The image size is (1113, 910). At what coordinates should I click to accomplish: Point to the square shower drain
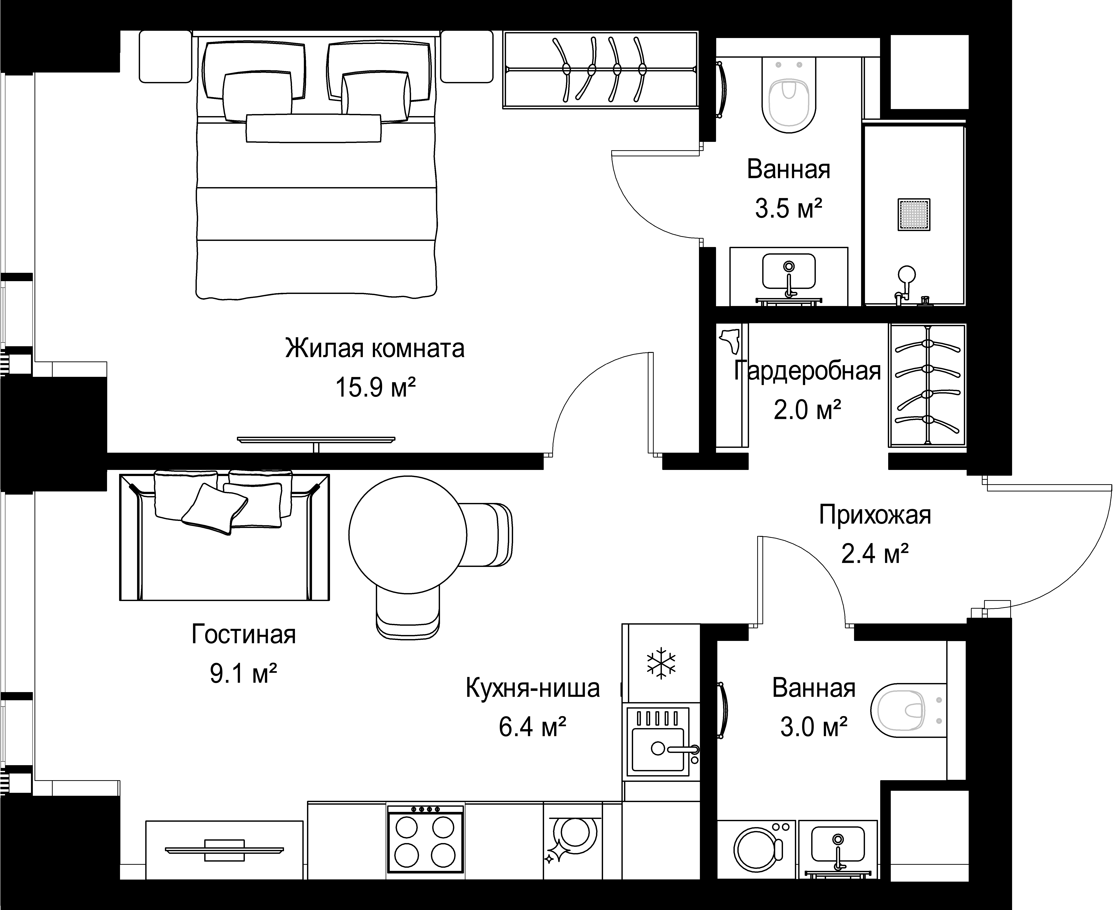pyautogui.click(x=914, y=214)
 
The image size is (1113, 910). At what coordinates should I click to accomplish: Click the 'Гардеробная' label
pyautogui.click(x=807, y=371)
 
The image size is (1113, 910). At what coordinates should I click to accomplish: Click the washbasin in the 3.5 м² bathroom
pyautogui.click(x=789, y=276)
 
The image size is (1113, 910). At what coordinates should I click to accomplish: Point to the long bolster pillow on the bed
pyautogui.click(x=313, y=129)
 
